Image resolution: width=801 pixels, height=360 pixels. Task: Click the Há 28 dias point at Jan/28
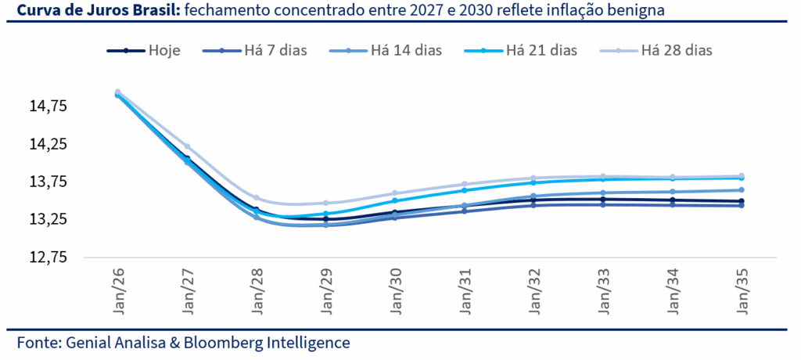tap(257, 197)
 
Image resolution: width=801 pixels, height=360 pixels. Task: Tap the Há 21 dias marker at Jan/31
tap(464, 190)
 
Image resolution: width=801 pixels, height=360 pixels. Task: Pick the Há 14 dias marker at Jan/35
tap(741, 190)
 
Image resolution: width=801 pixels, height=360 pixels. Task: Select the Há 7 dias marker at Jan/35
tap(741, 206)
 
